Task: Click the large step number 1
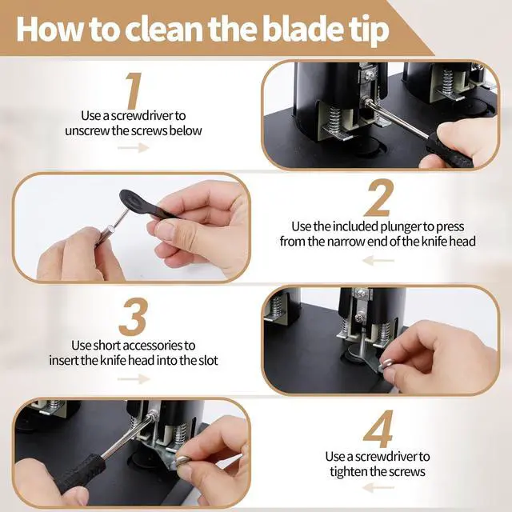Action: [x=134, y=90]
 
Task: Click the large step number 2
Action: [x=378, y=198]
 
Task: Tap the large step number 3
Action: [x=134, y=317]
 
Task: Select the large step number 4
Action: [x=378, y=429]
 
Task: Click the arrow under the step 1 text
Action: [x=134, y=147]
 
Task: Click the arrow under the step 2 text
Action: [x=378, y=261]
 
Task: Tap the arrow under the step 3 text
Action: [x=134, y=379]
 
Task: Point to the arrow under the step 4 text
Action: [x=378, y=488]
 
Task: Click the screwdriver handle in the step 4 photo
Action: [x=81, y=473]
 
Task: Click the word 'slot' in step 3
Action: [x=208, y=361]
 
